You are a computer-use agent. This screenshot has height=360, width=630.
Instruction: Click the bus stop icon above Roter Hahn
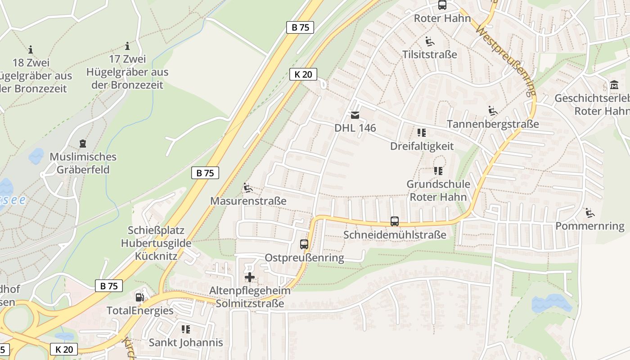tap(442, 5)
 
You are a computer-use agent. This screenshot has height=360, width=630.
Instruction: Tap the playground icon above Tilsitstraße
tap(430, 41)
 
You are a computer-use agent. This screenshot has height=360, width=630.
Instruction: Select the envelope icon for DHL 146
tap(355, 115)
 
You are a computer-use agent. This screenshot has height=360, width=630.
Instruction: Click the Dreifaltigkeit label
tap(422, 146)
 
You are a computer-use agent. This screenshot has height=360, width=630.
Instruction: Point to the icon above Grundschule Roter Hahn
tap(438, 171)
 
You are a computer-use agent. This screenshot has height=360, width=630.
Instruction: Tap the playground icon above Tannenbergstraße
tap(493, 111)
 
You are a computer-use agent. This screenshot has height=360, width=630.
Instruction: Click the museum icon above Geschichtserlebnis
tap(614, 85)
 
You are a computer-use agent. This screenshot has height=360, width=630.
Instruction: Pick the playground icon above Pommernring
tap(589, 212)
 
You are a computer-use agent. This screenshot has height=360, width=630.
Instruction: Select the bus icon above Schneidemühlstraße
tap(395, 221)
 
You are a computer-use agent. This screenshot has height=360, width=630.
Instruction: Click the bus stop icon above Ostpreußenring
tap(304, 244)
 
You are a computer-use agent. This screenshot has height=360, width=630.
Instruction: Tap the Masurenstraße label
tap(248, 201)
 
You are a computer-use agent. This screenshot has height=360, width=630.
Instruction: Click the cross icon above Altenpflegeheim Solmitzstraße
tap(250, 277)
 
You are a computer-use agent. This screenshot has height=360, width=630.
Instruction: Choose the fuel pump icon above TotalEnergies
tap(140, 297)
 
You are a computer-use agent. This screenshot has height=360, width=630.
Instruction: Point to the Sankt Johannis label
tap(186, 342)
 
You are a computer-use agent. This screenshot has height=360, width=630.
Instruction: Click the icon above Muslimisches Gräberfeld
tap(83, 144)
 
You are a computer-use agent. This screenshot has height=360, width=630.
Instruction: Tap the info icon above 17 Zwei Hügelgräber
tap(127, 46)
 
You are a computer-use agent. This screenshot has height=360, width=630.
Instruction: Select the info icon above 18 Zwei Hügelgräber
tap(31, 49)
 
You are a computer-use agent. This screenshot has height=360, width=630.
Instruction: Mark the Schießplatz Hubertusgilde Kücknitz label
tap(156, 243)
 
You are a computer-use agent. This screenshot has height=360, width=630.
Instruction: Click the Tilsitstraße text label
tap(429, 54)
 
